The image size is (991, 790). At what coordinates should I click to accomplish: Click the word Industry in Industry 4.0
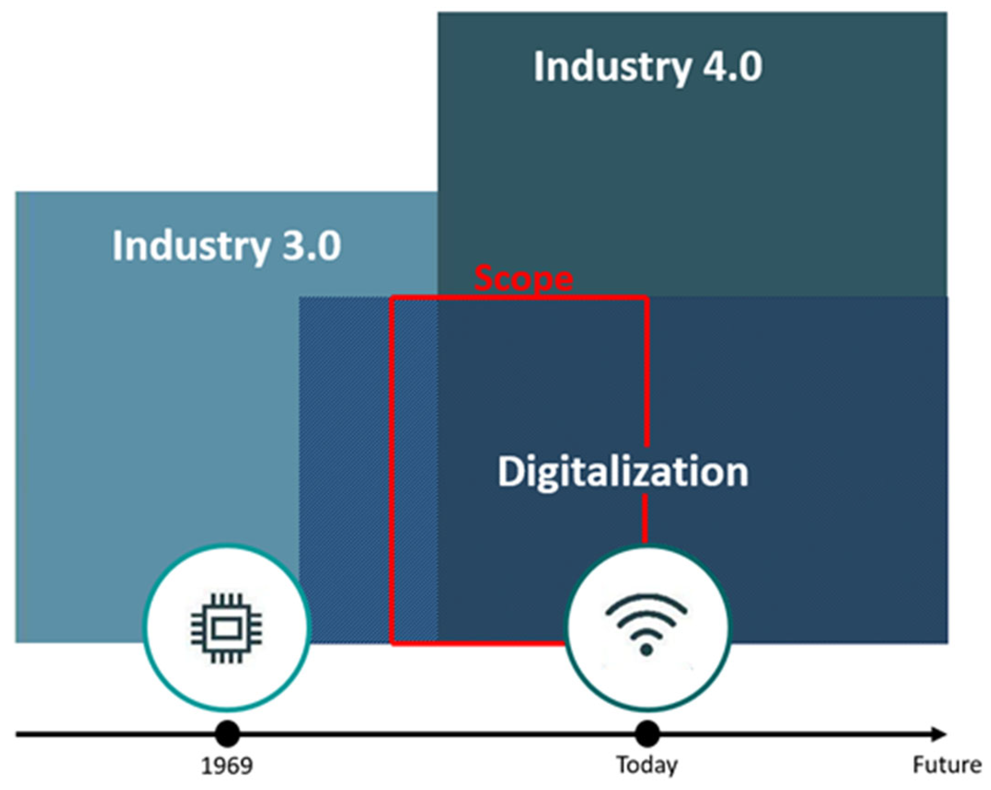(x=612, y=68)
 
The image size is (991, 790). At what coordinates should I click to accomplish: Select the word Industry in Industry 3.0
(x=191, y=246)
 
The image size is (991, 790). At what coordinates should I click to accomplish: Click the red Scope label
(x=523, y=278)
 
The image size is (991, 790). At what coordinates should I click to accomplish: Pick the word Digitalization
(x=622, y=472)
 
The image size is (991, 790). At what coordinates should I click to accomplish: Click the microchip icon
(x=226, y=628)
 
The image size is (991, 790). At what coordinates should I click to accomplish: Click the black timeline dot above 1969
(x=227, y=734)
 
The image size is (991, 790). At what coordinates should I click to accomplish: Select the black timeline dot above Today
(x=647, y=734)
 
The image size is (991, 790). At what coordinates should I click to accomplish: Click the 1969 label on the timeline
(x=227, y=766)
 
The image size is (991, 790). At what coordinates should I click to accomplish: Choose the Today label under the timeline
(x=646, y=765)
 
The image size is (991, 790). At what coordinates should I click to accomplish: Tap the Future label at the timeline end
(x=947, y=765)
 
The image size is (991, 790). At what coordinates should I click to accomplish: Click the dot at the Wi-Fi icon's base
(x=646, y=650)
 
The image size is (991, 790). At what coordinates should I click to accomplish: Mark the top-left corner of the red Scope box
(x=392, y=297)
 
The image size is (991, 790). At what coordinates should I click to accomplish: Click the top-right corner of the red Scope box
(x=646, y=297)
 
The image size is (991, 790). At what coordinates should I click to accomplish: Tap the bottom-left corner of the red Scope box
(x=393, y=643)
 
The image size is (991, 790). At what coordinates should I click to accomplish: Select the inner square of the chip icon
(x=226, y=629)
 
